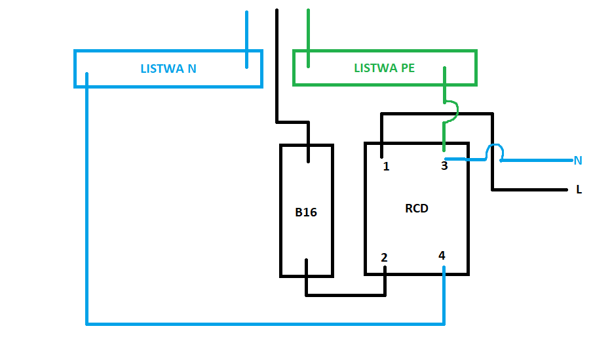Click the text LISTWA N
coord(168,68)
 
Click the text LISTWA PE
coord(384,68)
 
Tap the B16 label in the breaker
coord(306,212)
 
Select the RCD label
coord(416,209)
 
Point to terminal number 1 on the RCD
coord(386,167)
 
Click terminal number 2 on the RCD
coord(384,258)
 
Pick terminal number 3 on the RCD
coord(444,166)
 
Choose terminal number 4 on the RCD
coord(442,256)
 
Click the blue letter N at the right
coord(578,161)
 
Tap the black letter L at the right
coord(579,190)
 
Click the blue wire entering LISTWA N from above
coord(246,40)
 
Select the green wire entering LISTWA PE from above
coord(308,38)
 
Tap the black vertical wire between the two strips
coord(277,66)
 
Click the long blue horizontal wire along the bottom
coord(265,324)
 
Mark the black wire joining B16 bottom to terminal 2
coord(346,295)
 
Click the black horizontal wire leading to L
coord(529,190)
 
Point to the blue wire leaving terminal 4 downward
coord(444,295)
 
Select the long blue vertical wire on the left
coord(87,199)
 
